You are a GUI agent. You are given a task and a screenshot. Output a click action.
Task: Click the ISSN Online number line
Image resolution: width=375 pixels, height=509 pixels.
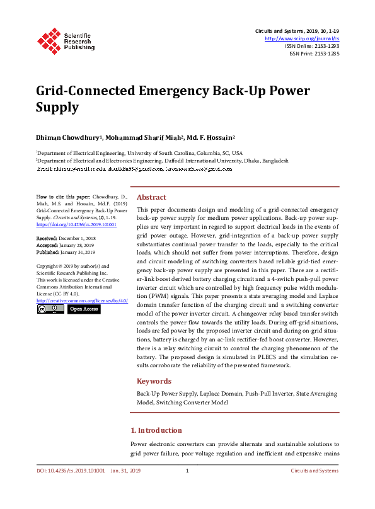pyautogui.click(x=311, y=46)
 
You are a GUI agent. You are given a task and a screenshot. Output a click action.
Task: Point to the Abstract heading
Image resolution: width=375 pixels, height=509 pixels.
pyautogui.click(x=151, y=197)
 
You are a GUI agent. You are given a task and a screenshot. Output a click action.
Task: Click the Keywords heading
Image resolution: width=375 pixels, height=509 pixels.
pyautogui.click(x=154, y=381)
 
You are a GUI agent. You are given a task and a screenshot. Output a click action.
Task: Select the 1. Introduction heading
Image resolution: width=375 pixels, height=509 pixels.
pyautogui.click(x=156, y=430)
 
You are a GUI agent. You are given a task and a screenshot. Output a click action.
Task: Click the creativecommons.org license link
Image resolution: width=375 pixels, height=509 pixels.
pyautogui.click(x=82, y=300)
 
